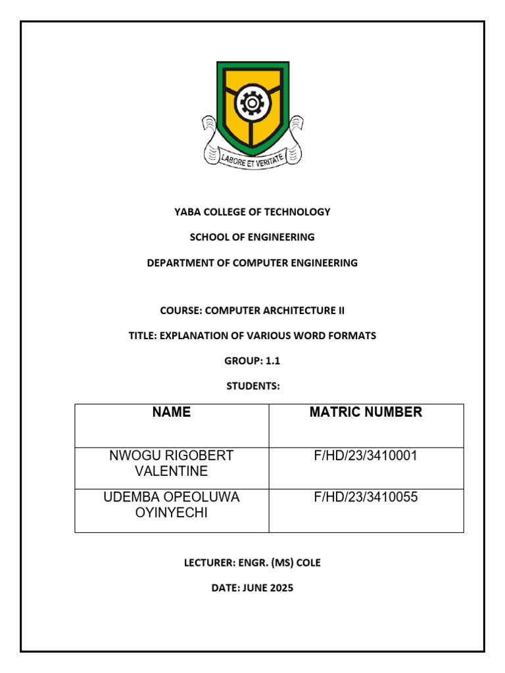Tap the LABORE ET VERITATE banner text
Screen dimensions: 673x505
click(252, 159)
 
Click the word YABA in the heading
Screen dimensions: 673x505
click(187, 212)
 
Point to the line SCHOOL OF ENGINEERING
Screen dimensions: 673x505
click(252, 237)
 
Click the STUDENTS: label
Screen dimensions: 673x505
click(252, 386)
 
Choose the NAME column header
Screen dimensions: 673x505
click(172, 413)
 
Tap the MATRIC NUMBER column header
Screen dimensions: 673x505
click(366, 413)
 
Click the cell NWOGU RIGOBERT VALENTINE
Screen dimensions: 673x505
click(172, 463)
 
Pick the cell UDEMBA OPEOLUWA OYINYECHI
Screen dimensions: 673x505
click(172, 505)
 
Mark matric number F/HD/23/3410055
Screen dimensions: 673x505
click(366, 498)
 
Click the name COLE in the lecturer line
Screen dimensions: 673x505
click(309, 563)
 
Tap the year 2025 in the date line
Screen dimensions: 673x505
click(281, 588)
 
